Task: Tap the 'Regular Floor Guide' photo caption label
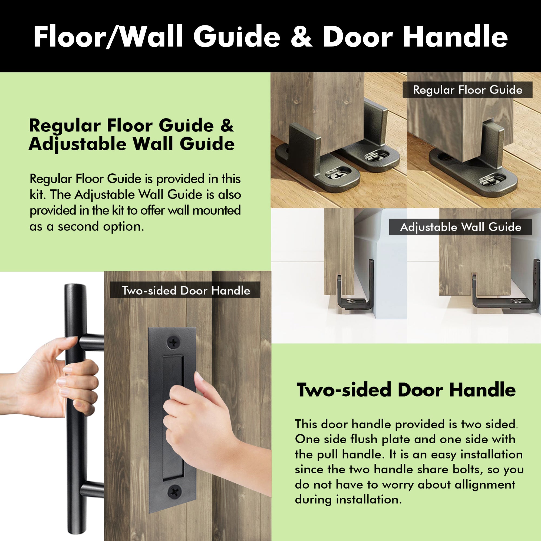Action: click(x=467, y=90)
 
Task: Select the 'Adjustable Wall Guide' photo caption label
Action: click(x=460, y=227)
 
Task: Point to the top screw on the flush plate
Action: click(x=174, y=342)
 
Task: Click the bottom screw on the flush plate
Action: click(x=174, y=491)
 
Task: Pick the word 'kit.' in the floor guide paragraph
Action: click(x=38, y=194)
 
